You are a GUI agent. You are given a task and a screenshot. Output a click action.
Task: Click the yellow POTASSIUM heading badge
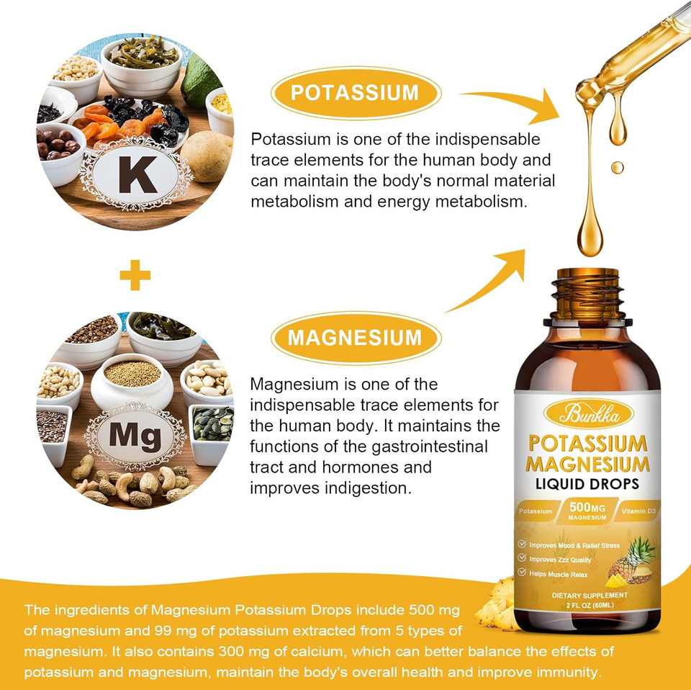pyautogui.click(x=354, y=93)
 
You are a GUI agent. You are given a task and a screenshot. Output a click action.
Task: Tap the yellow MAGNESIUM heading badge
pyautogui.click(x=355, y=338)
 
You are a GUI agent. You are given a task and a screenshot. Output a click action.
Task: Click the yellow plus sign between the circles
pyautogui.click(x=135, y=276)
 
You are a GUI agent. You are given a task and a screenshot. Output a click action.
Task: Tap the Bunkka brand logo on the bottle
pyautogui.click(x=589, y=413)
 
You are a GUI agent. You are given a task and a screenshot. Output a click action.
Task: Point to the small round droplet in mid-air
pyautogui.click(x=618, y=167)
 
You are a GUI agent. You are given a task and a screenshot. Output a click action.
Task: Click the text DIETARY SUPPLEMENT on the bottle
pyautogui.click(x=590, y=596)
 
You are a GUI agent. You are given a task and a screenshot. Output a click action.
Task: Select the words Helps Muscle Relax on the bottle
pyautogui.click(x=559, y=573)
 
